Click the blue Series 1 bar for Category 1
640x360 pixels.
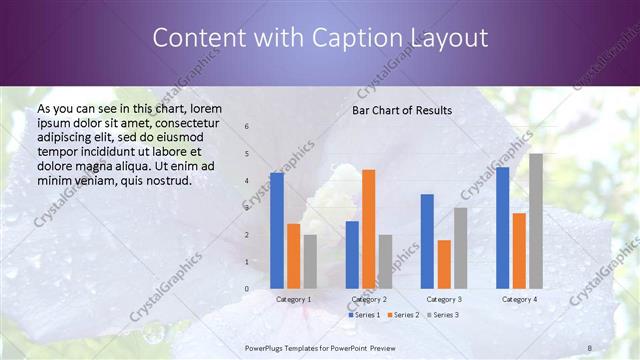coord(277,231)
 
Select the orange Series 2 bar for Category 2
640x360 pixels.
coord(368,229)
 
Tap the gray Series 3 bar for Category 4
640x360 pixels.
coord(536,221)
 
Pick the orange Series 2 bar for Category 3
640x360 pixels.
coord(444,264)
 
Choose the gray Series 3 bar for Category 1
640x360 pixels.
coord(310,262)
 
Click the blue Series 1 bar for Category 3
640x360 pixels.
coord(427,241)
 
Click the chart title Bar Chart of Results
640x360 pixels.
coord(402,110)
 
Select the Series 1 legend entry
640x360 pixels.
coord(364,315)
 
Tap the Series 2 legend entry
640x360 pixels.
coord(403,315)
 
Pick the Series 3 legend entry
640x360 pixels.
coord(443,315)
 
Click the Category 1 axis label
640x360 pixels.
coord(294,299)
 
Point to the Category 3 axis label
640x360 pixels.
coord(444,299)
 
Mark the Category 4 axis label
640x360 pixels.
coord(519,299)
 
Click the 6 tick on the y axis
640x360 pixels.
coord(246,127)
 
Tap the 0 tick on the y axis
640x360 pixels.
coord(246,289)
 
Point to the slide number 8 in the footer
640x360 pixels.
coord(590,346)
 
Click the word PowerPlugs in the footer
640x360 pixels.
coord(266,346)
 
